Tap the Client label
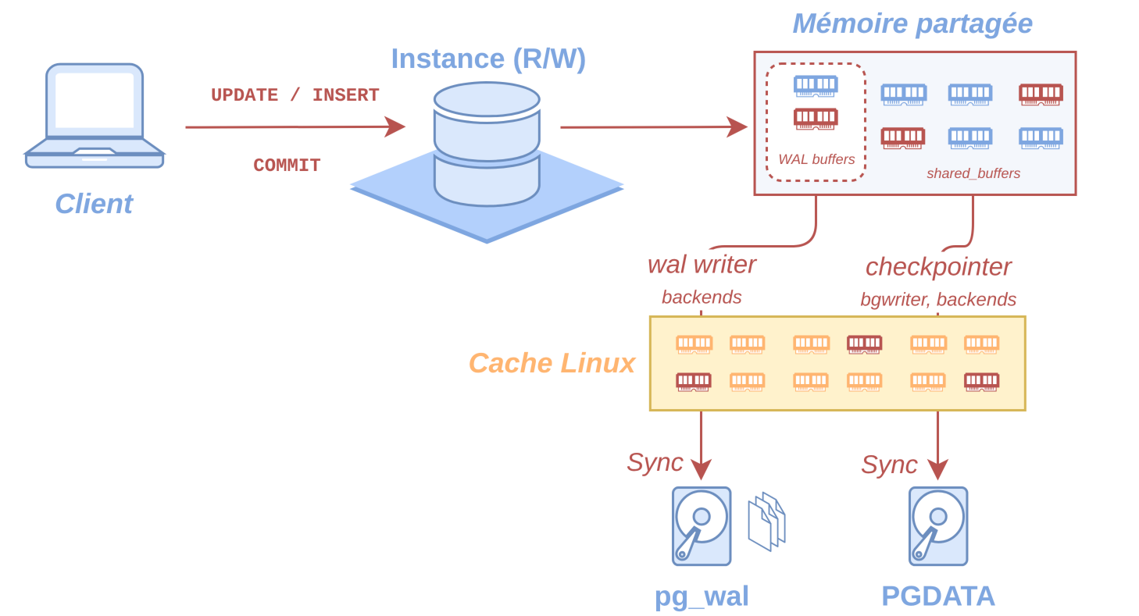[94, 204]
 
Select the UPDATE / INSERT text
[295, 95]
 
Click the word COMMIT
[287, 166]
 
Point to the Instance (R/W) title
[488, 59]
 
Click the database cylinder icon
[487, 144]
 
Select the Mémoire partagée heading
[912, 24]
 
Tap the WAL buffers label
[816, 159]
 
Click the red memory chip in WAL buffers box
[816, 119]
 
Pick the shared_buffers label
[973, 173]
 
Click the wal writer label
[702, 265]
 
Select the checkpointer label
[939, 267]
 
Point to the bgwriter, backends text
[938, 299]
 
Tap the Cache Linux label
[552, 363]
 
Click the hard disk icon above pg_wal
[702, 526]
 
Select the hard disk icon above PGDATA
[938, 526]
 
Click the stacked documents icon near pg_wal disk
[767, 522]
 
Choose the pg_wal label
[702, 596]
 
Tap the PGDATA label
[938, 596]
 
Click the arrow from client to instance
[295, 126]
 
